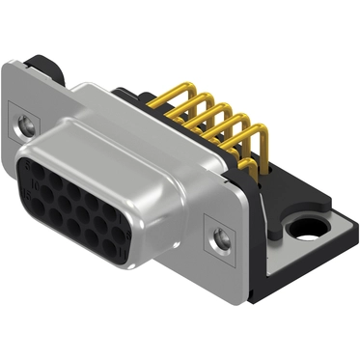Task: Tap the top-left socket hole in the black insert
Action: pos(41,168)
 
